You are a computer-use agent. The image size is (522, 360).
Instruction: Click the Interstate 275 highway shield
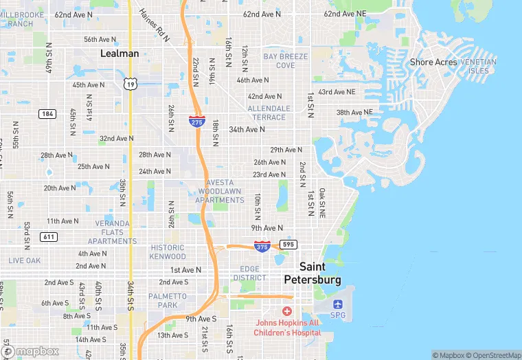point(196,120)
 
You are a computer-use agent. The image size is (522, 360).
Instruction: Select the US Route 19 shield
point(130,84)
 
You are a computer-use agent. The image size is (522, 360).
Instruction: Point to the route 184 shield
point(47,113)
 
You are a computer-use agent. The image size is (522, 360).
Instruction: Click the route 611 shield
point(48,236)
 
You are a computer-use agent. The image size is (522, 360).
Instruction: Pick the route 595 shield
point(288,244)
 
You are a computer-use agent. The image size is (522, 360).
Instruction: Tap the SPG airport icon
point(337,304)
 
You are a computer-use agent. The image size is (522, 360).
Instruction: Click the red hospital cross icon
point(287,311)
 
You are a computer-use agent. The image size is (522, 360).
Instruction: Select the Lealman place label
point(120,53)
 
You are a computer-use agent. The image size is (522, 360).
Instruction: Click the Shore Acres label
point(433,62)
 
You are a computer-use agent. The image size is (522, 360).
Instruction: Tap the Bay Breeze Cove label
point(285,60)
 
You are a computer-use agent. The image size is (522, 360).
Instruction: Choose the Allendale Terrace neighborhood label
point(269,113)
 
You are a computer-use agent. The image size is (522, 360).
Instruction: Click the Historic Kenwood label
point(168,252)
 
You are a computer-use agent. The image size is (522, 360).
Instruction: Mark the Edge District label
point(253,273)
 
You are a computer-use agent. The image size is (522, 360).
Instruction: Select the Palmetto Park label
point(168,300)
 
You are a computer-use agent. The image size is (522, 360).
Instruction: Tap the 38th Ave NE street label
point(354,112)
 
